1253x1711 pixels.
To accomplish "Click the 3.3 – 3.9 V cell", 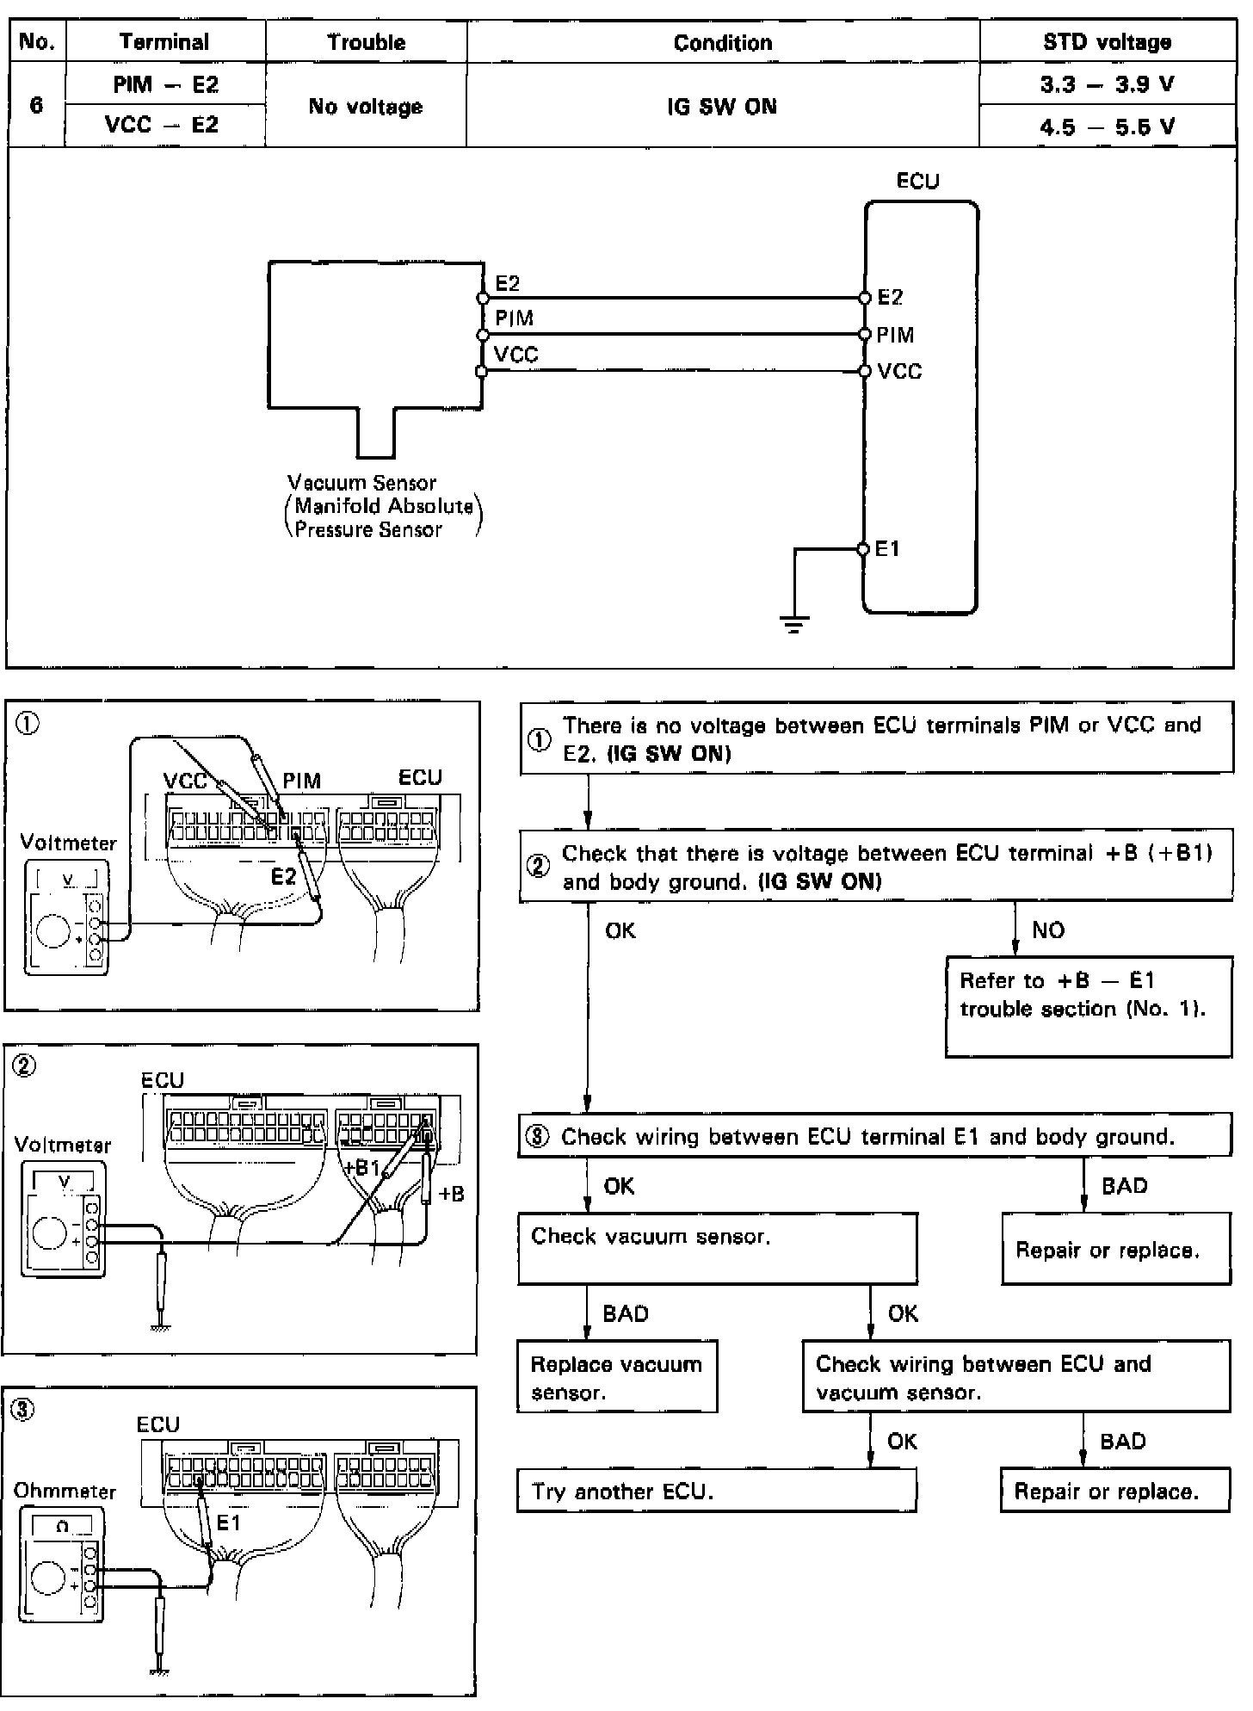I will click(x=1107, y=84).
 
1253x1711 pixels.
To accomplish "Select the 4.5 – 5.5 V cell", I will click(x=1107, y=127).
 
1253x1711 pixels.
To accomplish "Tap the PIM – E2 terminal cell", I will click(x=165, y=84).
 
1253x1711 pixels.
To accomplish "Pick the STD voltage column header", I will click(x=1107, y=42).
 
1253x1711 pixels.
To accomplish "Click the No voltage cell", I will click(x=366, y=107).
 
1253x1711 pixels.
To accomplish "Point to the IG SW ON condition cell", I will click(x=722, y=107).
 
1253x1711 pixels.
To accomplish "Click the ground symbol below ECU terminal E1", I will click(x=793, y=625).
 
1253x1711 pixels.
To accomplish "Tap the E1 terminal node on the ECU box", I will click(x=863, y=549).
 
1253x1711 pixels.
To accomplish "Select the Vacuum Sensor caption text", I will click(x=362, y=483).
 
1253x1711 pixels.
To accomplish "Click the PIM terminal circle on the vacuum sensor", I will click(x=482, y=335).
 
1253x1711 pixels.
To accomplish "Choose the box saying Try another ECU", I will click(x=716, y=1492).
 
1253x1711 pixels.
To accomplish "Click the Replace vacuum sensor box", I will click(x=617, y=1378).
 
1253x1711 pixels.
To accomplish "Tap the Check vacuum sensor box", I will click(x=717, y=1248).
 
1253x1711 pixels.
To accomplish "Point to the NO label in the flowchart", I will click(x=1047, y=930).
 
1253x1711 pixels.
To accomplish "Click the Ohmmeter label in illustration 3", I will click(x=65, y=1491).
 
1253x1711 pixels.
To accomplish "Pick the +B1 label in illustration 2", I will click(x=361, y=1168).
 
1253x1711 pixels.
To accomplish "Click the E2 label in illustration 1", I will click(x=283, y=876).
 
